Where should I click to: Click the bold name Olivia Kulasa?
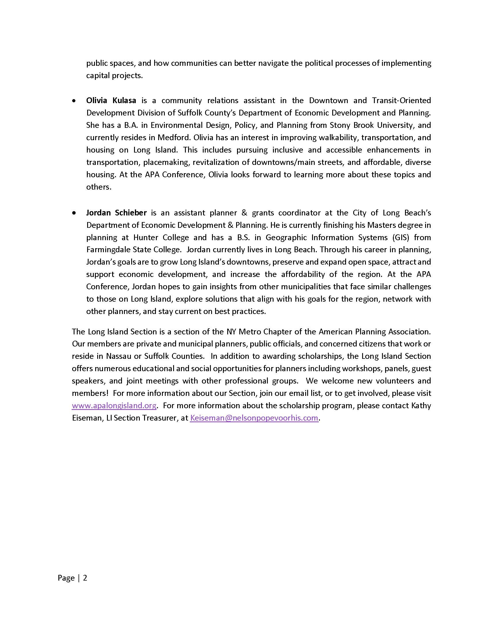[x=111, y=101]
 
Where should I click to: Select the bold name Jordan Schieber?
[x=116, y=213]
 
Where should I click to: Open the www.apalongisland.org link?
[x=114, y=405]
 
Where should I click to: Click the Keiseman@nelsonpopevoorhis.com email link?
[x=254, y=418]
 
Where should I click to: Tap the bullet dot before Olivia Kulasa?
[x=74, y=101]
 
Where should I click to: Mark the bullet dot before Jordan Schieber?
[x=74, y=213]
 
